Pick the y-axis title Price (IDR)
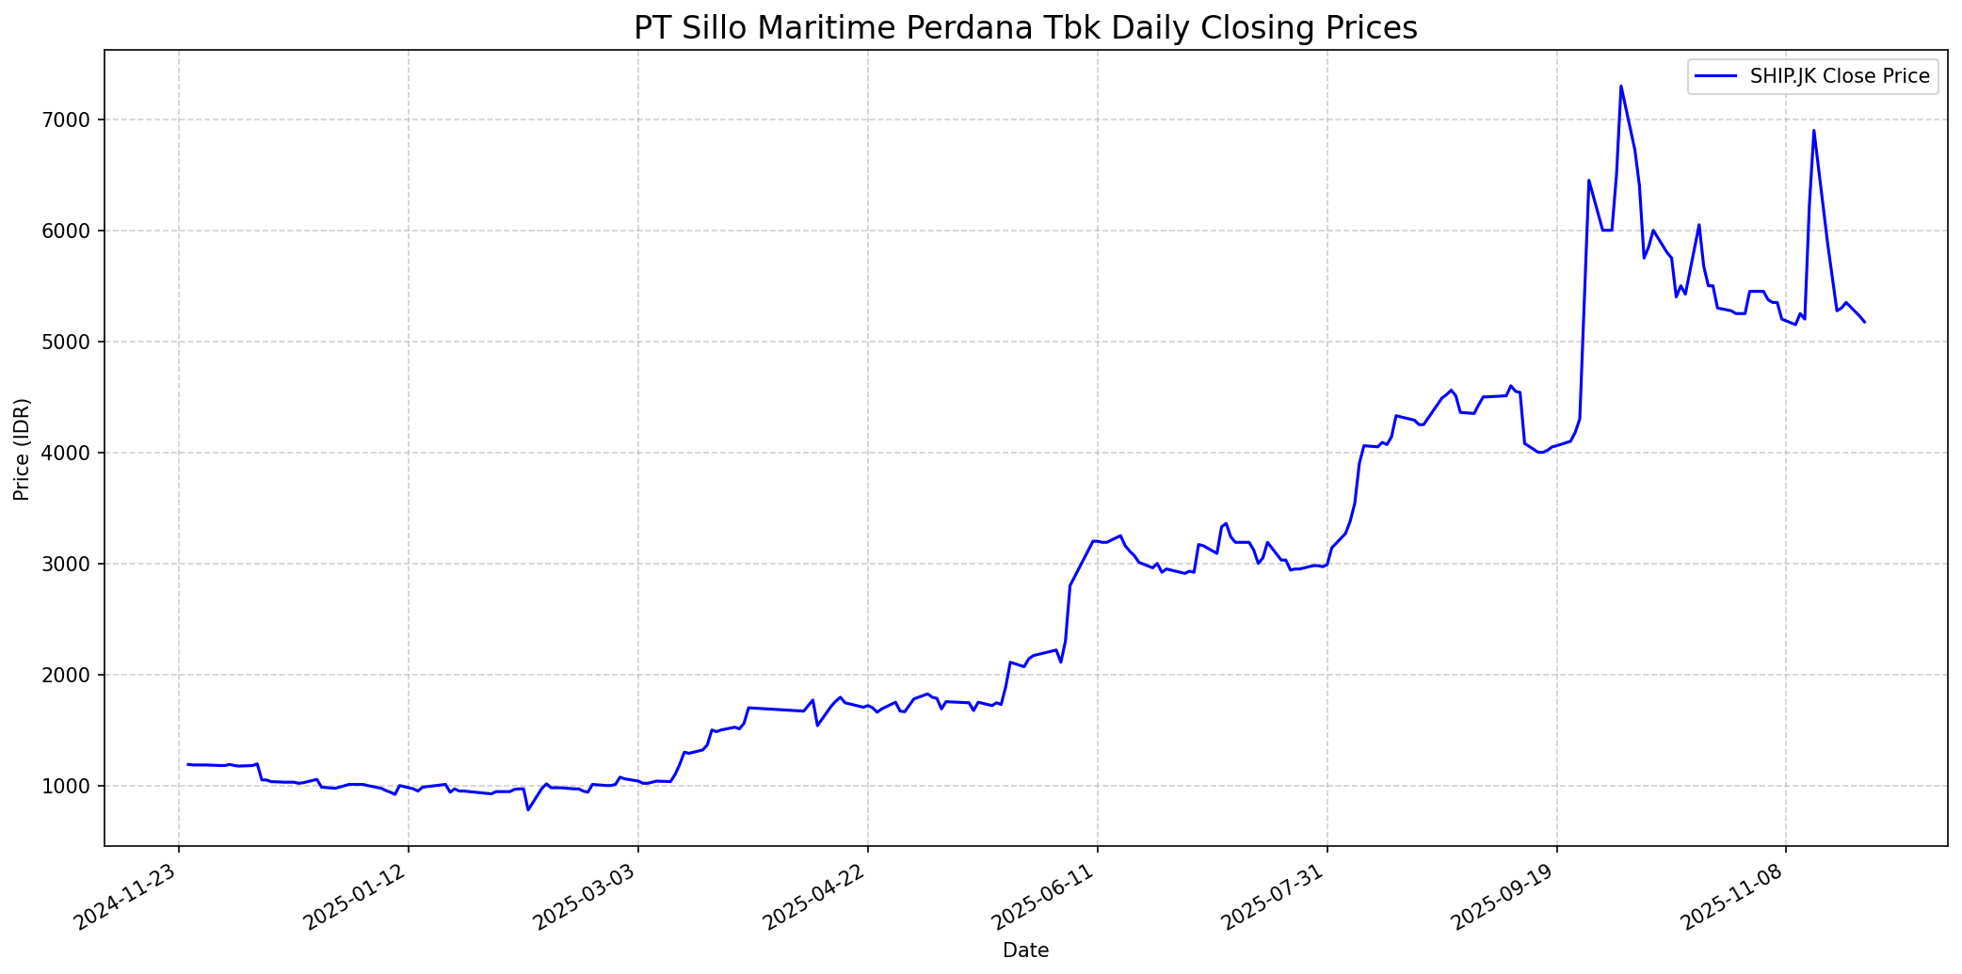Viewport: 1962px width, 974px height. tap(22, 449)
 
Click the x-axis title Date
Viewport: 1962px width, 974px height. tap(1025, 950)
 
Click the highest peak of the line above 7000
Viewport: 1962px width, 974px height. tap(1620, 87)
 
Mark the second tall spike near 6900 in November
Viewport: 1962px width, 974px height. tap(1813, 131)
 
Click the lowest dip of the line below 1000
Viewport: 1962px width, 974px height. tap(528, 809)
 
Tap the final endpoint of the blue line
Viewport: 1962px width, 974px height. tap(1864, 322)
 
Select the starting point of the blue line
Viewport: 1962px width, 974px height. tap(188, 764)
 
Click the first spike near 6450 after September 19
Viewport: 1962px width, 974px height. tap(1588, 181)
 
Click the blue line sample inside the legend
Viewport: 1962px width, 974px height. tap(1713, 76)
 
